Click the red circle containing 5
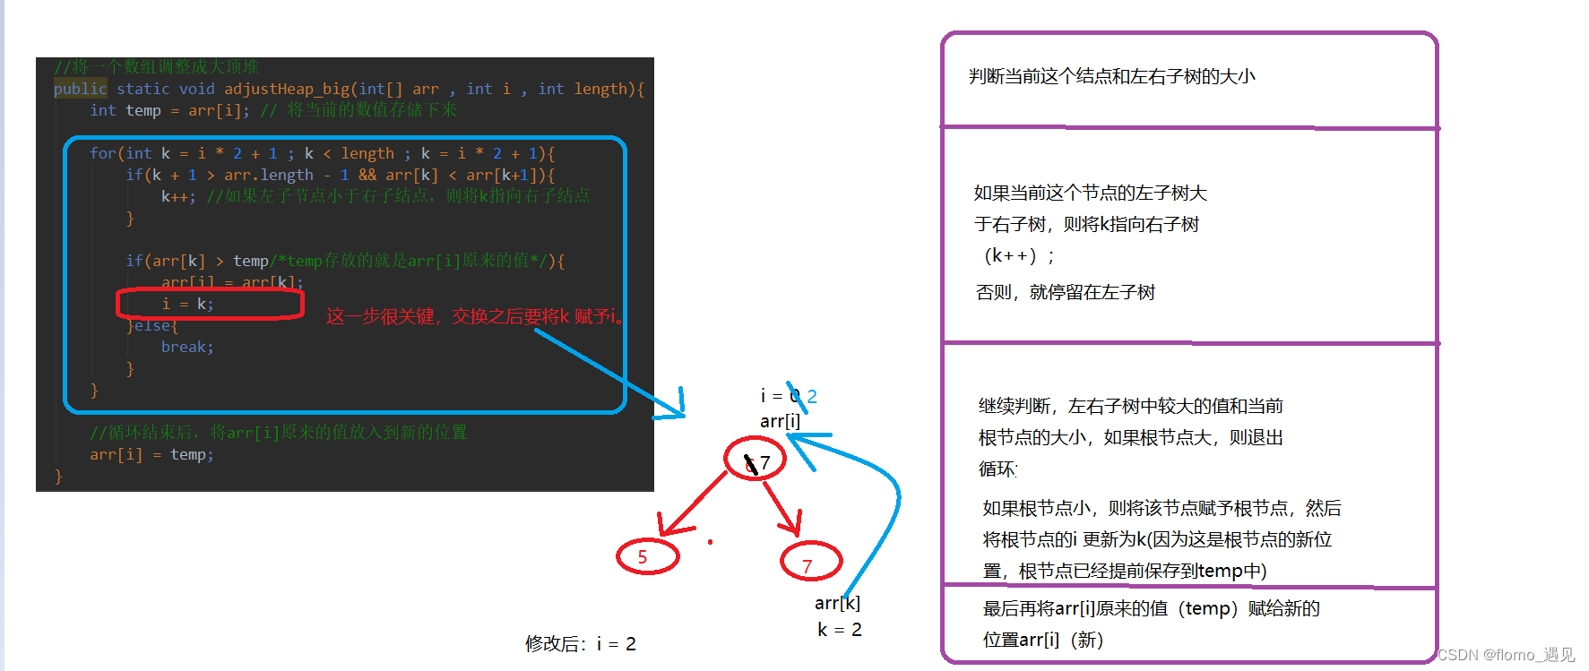pos(647,556)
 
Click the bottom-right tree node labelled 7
pos(810,562)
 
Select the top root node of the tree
pos(755,460)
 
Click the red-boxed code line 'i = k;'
pos(187,304)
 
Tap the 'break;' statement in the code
pos(187,347)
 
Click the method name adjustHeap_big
pos(287,89)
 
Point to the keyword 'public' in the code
pos(80,89)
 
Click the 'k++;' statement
pos(178,196)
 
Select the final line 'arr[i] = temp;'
pos(151,454)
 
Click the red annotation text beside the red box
pos(475,316)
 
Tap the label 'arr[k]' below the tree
pos(837,603)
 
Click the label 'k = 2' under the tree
pos(840,630)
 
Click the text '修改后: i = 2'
pos(580,644)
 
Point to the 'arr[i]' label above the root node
pos(780,420)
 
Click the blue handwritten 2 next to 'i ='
pos(812,396)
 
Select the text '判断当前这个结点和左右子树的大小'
pos(1111,76)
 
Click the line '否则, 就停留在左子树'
pos(1065,292)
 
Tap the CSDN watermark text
pos(1506,655)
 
